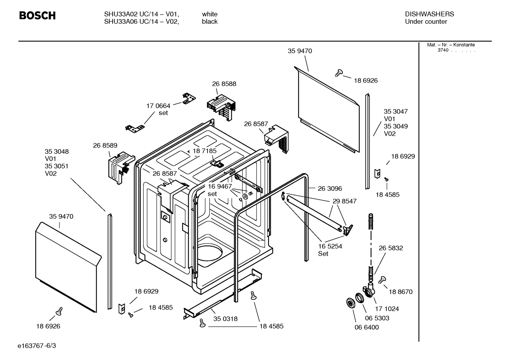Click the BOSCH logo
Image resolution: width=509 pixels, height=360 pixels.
(37, 16)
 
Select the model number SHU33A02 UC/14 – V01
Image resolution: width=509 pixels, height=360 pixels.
(141, 14)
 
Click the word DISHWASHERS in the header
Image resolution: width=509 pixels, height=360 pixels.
(429, 14)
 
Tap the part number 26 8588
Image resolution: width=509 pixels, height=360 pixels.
(224, 84)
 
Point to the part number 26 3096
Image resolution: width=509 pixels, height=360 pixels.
(330, 189)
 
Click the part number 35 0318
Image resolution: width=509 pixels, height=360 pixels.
(225, 319)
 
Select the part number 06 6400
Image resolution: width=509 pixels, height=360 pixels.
(366, 327)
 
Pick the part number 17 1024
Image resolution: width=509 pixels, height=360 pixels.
(387, 309)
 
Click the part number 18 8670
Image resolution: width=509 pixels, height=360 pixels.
(400, 292)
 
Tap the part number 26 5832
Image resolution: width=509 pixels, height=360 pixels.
(391, 248)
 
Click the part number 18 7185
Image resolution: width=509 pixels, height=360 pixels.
(204, 151)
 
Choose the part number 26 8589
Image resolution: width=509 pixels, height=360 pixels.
(105, 145)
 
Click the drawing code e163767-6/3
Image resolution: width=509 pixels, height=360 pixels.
(37, 346)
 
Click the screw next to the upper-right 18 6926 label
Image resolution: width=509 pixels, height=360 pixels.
(339, 73)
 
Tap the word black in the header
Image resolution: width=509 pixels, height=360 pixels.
(210, 22)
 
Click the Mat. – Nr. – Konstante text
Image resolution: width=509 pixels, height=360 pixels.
(451, 45)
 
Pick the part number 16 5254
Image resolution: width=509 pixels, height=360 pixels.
(330, 246)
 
